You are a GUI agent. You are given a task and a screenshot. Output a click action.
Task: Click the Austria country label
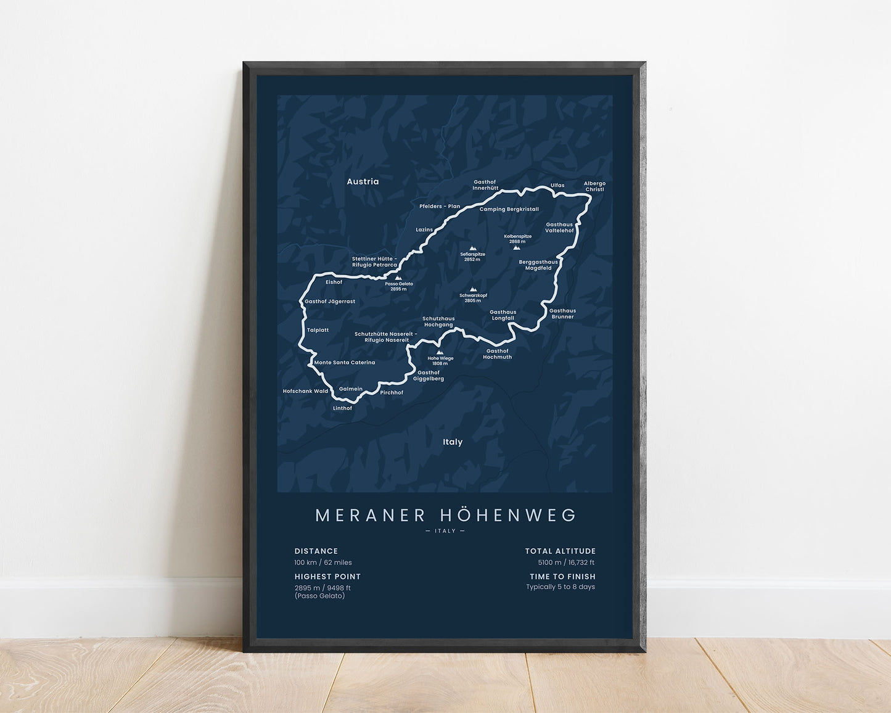[363, 181]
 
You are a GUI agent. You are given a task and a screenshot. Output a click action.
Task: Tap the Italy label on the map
[453, 442]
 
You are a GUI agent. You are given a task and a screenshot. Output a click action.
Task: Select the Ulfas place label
[557, 185]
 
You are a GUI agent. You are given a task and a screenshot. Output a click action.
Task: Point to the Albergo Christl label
[594, 186]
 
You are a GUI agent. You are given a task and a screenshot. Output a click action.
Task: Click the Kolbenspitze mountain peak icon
[516, 248]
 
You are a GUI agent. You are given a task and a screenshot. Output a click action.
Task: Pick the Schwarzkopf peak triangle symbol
[473, 289]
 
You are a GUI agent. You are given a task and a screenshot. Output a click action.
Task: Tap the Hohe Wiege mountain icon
[439, 353]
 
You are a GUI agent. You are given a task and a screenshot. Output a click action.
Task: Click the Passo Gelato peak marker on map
[398, 278]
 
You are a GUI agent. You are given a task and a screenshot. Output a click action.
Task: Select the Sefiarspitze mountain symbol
[472, 248]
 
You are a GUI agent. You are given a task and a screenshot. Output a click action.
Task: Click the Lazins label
[424, 229]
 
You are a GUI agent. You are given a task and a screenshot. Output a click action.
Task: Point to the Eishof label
[334, 282]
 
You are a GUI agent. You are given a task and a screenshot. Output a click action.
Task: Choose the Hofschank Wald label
[305, 391]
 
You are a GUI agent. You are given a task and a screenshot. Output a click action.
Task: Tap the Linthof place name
[342, 408]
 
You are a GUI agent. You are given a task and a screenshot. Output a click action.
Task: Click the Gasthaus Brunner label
[562, 314]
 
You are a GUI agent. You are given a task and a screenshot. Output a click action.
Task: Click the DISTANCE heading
[316, 551]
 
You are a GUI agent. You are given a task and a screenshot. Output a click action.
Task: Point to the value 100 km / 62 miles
[323, 563]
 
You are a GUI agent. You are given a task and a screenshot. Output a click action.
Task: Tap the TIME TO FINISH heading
[562, 577]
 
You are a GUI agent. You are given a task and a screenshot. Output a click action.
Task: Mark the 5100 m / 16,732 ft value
[566, 563]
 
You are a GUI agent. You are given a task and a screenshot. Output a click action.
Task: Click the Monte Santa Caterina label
[345, 363]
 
